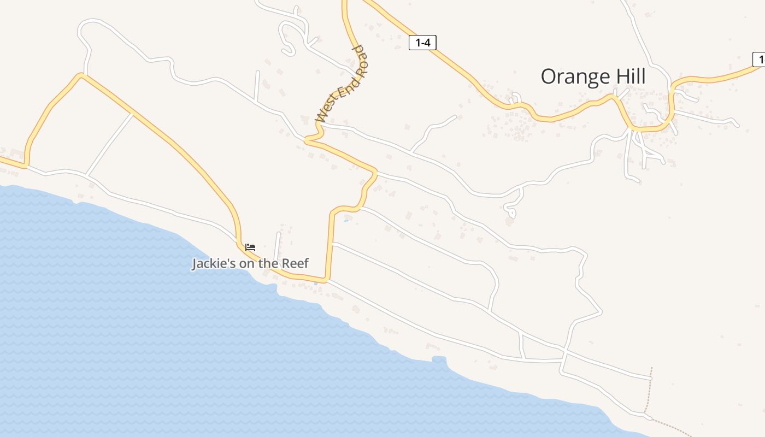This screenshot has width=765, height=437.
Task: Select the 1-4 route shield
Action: pyautogui.click(x=422, y=43)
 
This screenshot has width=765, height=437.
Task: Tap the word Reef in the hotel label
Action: pyautogui.click(x=296, y=264)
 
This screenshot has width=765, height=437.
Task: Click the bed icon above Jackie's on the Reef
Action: pyautogui.click(x=250, y=247)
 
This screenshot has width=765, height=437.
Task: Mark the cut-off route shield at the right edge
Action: pyautogui.click(x=758, y=60)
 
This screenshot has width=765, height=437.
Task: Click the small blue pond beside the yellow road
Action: pyautogui.click(x=346, y=221)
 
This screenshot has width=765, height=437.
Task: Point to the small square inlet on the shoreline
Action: pyautogui.click(x=439, y=359)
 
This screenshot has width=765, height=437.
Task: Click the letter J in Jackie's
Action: pyautogui.click(x=195, y=264)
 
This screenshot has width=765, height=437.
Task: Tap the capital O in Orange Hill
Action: pyautogui.click(x=549, y=77)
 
